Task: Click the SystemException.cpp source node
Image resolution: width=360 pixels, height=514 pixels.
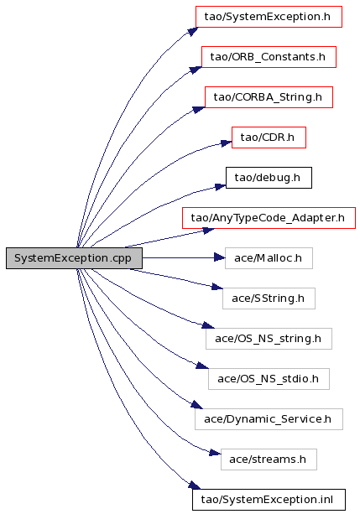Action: coord(74,258)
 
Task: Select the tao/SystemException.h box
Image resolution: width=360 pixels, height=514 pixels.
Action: coord(269,17)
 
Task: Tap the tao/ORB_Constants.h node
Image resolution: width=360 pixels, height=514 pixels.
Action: coord(269,57)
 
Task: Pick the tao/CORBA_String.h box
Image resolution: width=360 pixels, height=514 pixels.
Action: coord(269,97)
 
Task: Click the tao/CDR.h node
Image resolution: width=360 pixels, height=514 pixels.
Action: coord(269,138)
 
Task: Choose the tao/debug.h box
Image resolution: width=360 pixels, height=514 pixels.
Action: coord(269,178)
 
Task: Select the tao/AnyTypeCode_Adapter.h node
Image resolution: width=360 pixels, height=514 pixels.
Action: coord(269,218)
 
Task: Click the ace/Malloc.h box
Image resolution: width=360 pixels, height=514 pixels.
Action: coord(269,258)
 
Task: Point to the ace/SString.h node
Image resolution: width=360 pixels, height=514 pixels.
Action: coord(269,299)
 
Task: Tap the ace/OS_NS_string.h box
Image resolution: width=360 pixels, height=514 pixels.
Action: coord(269,339)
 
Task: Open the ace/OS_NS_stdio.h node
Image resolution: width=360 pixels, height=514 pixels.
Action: coord(269,379)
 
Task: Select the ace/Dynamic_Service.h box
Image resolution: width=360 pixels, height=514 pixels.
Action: coord(269,419)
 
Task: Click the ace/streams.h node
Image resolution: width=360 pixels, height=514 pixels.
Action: coord(269,459)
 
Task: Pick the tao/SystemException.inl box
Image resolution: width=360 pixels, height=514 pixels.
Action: coord(269,500)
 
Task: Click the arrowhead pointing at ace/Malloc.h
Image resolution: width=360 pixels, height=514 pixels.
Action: coord(219,257)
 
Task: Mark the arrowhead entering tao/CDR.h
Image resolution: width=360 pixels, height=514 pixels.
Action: coord(226,143)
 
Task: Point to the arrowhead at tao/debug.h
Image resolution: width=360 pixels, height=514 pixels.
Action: coord(220,187)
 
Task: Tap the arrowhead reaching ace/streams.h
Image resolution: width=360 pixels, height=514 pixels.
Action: coord(215,453)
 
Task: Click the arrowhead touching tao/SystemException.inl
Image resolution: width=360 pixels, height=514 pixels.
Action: coord(195,485)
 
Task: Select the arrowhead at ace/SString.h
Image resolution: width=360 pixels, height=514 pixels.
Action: coord(217,287)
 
